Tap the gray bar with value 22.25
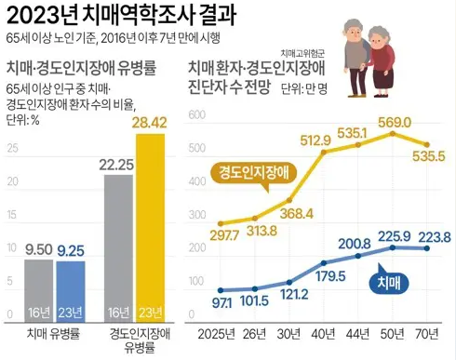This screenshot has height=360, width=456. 118,247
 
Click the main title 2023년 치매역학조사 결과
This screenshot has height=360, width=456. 116,16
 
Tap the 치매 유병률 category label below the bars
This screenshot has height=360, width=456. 54,333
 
